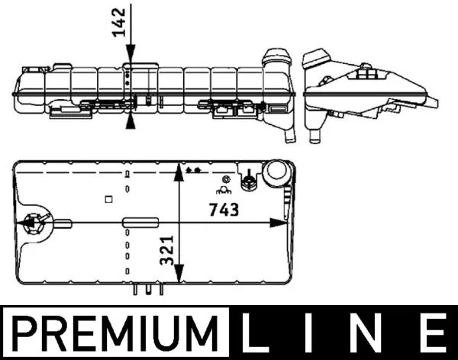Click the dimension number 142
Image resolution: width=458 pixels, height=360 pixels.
click(119, 23)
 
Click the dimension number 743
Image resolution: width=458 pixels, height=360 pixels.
click(224, 210)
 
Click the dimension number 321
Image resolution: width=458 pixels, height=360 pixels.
click(167, 250)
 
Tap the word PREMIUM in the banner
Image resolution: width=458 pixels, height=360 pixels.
click(115, 333)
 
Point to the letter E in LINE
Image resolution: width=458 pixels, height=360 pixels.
click(436, 333)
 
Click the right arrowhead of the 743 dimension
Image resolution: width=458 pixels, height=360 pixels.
click(278, 223)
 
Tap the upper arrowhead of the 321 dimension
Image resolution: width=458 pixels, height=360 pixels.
click(179, 173)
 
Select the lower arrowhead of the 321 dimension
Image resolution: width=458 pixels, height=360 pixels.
click(179, 274)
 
